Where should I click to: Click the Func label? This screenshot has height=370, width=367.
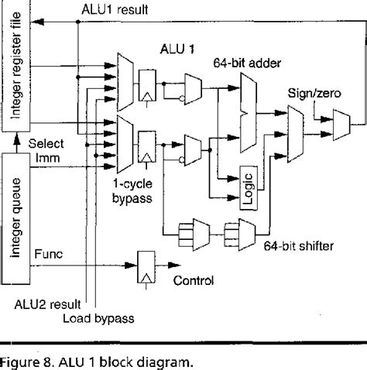coord(46,253)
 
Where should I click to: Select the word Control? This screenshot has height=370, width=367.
coord(194,281)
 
